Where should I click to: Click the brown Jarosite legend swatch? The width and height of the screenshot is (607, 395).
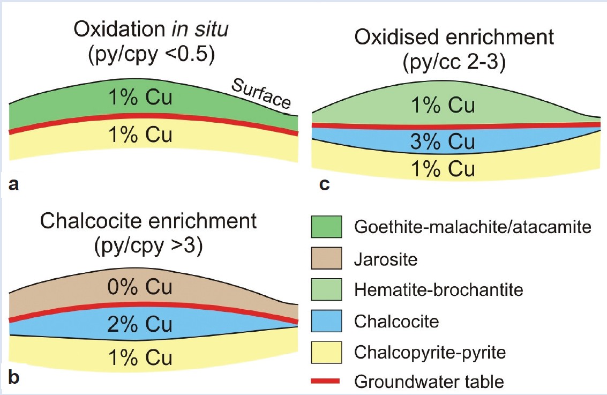(x=326, y=258)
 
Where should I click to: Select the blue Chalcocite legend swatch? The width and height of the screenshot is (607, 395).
(x=326, y=321)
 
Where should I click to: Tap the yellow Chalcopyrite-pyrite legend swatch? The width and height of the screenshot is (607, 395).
(x=326, y=353)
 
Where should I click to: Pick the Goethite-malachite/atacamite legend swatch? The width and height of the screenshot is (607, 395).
(x=326, y=227)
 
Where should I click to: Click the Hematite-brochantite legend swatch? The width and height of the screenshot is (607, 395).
(x=326, y=289)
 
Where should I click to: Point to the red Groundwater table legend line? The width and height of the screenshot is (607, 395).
(x=325, y=382)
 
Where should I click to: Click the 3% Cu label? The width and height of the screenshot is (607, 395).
(x=443, y=141)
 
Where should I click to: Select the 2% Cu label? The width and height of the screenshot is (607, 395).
(x=140, y=324)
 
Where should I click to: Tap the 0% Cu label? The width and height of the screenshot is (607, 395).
(x=140, y=287)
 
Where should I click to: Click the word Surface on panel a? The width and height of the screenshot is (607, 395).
(x=261, y=93)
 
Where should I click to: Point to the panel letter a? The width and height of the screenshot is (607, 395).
(x=13, y=185)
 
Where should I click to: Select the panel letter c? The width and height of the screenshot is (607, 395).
(x=325, y=185)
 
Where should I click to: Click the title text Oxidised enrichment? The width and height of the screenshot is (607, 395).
(x=454, y=37)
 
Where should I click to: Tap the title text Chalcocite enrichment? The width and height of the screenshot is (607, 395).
(x=148, y=221)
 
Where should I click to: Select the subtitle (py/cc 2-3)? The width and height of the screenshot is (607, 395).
(x=454, y=62)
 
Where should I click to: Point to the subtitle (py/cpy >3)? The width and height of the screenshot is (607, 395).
(x=148, y=245)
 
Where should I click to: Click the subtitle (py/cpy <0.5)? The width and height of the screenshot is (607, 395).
(x=152, y=55)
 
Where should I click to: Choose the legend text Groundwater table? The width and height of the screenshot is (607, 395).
(x=429, y=382)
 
